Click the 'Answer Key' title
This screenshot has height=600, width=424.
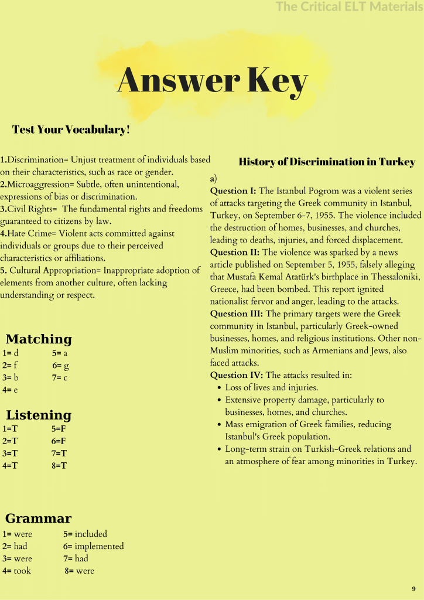[212, 81]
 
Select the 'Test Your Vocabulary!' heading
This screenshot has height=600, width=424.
[71, 129]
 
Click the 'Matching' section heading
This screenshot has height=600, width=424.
[39, 339]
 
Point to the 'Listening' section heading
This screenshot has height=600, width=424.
[39, 415]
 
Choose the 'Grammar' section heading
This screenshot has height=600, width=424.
[39, 519]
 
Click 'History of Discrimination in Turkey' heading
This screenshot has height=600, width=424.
[327, 162]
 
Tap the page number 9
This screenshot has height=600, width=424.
[413, 588]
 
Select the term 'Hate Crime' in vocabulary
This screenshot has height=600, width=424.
[24, 234]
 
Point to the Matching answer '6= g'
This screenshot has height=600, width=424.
[61, 366]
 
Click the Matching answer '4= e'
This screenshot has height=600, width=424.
[10, 390]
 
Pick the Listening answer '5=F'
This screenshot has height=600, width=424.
[59, 429]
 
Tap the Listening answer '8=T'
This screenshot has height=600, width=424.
[59, 466]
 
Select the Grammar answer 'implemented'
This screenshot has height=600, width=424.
[100, 546]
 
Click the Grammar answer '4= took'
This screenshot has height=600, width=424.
[17, 571]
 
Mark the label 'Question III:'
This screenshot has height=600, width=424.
[237, 314]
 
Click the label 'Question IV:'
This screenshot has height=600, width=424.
[237, 375]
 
